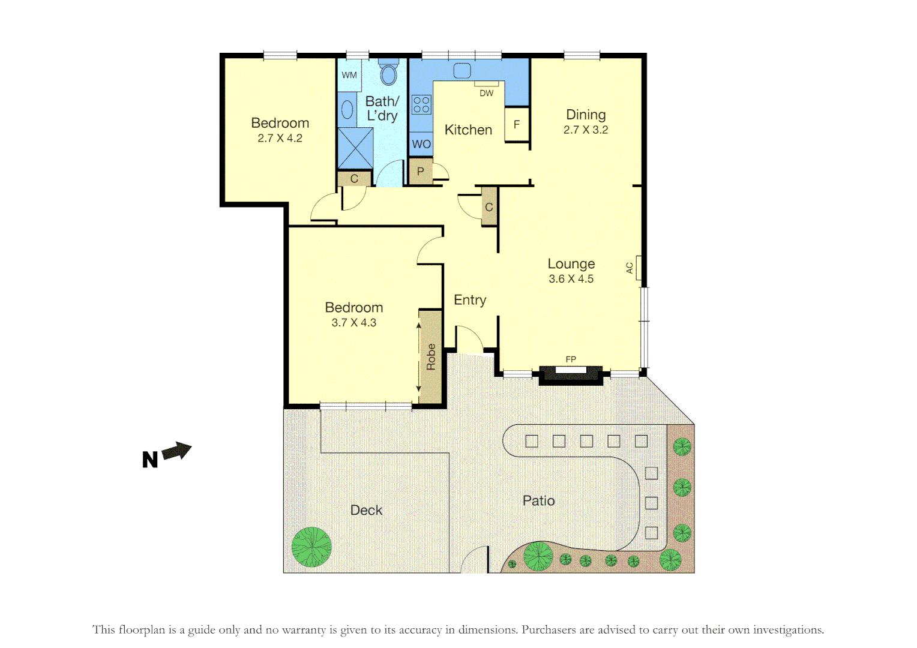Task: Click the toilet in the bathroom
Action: pos(389,73)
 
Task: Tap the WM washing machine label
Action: pos(349,76)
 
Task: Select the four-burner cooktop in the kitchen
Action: pos(421,105)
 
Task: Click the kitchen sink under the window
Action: pos(462,71)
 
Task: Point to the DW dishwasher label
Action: pos(486,93)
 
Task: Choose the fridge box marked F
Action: pos(516,125)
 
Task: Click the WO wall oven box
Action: pos(421,144)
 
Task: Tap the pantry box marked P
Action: pos(420,172)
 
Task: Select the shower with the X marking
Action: pos(355,148)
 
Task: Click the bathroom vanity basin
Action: pos(347,110)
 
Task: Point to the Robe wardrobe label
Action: pos(431,356)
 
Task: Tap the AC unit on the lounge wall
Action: pos(639,268)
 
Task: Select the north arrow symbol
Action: pos(176,451)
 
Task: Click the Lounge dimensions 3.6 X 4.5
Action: pos(571,279)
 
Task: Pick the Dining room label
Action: pos(586,115)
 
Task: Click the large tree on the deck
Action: pos(311,547)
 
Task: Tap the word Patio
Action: pos(538,501)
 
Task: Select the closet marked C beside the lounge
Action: pos(489,207)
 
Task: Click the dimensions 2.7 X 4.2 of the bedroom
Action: pos(280,139)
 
